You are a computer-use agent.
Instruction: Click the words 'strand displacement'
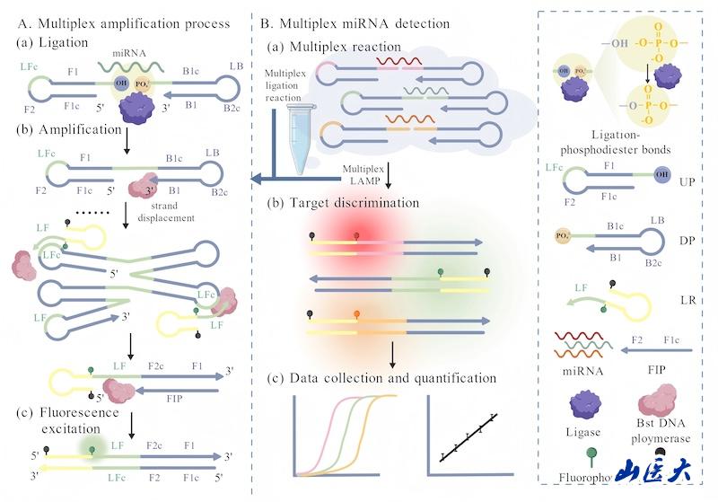[183, 209]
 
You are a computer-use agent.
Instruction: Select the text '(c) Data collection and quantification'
[390, 377]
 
